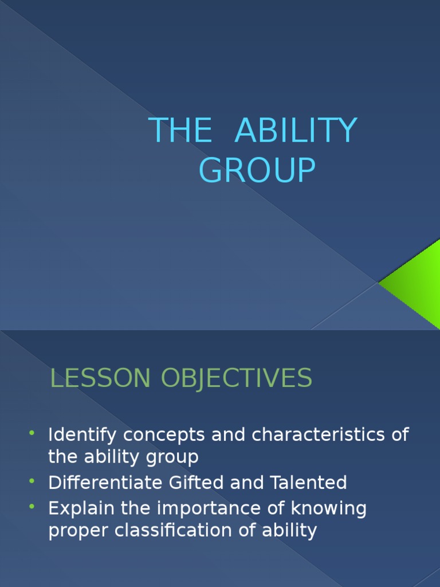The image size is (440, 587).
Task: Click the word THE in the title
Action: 180,131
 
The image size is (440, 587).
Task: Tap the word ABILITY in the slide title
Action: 296,131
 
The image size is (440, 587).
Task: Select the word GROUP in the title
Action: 257,171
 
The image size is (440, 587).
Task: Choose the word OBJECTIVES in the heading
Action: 236,378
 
